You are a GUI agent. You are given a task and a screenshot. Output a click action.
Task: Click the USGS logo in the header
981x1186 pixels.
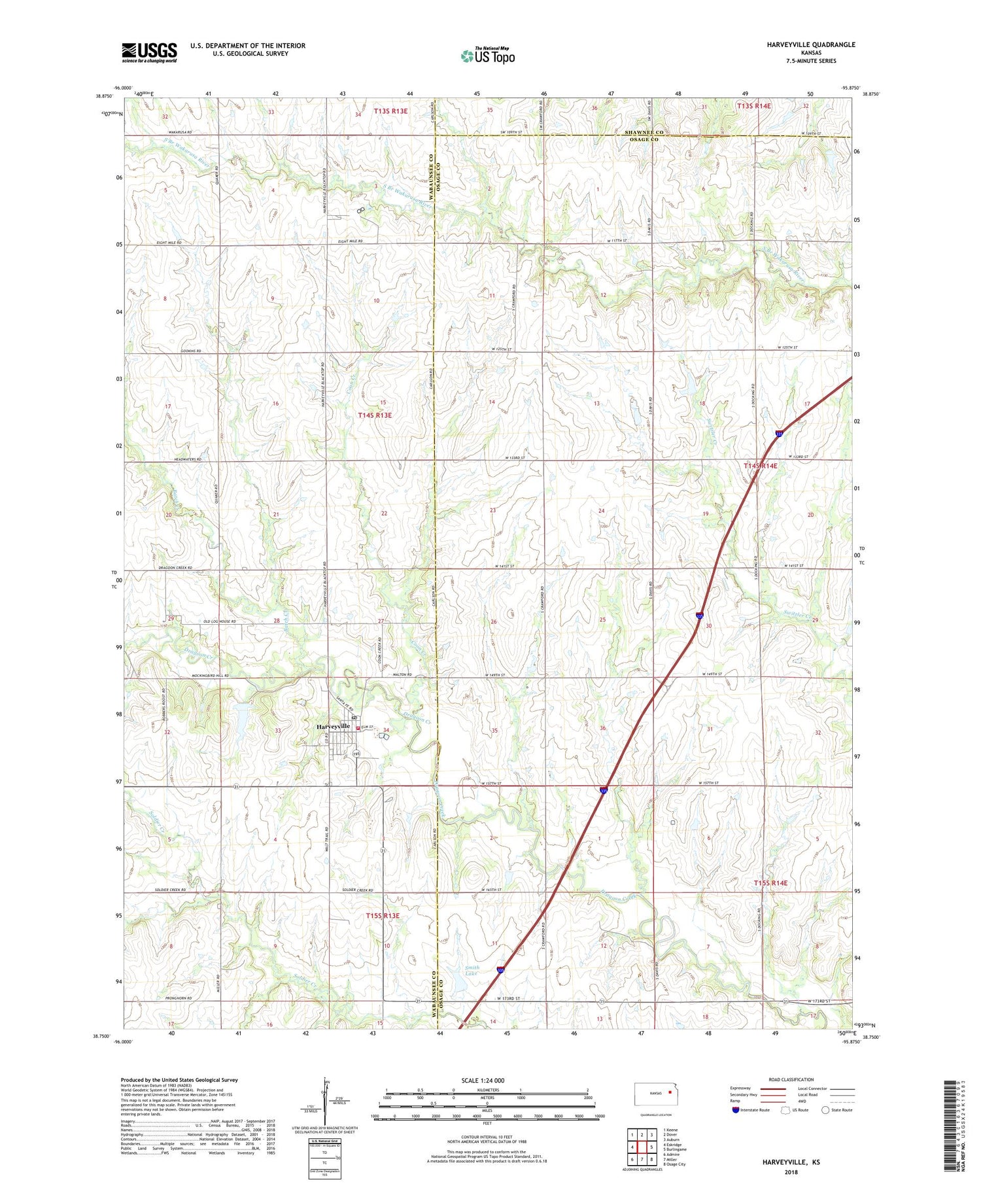[x=149, y=52]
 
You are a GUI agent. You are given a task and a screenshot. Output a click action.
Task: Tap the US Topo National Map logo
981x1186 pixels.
[x=487, y=56]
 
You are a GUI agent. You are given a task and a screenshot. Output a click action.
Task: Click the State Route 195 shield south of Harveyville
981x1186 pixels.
[x=356, y=754]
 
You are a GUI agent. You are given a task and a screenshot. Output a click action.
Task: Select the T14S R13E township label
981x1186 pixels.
[x=375, y=415]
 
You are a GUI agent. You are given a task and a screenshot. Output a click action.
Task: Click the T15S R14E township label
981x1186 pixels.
[x=770, y=883]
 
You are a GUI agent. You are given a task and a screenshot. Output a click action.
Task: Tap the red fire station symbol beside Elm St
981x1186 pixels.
[x=358, y=727]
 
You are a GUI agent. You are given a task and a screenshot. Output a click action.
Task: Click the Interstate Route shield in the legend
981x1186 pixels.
[x=736, y=1110]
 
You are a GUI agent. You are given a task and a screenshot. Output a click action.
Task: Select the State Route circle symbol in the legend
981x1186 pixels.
[x=825, y=1109]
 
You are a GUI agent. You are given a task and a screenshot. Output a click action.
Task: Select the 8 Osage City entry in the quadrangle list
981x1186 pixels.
[x=674, y=1164]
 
